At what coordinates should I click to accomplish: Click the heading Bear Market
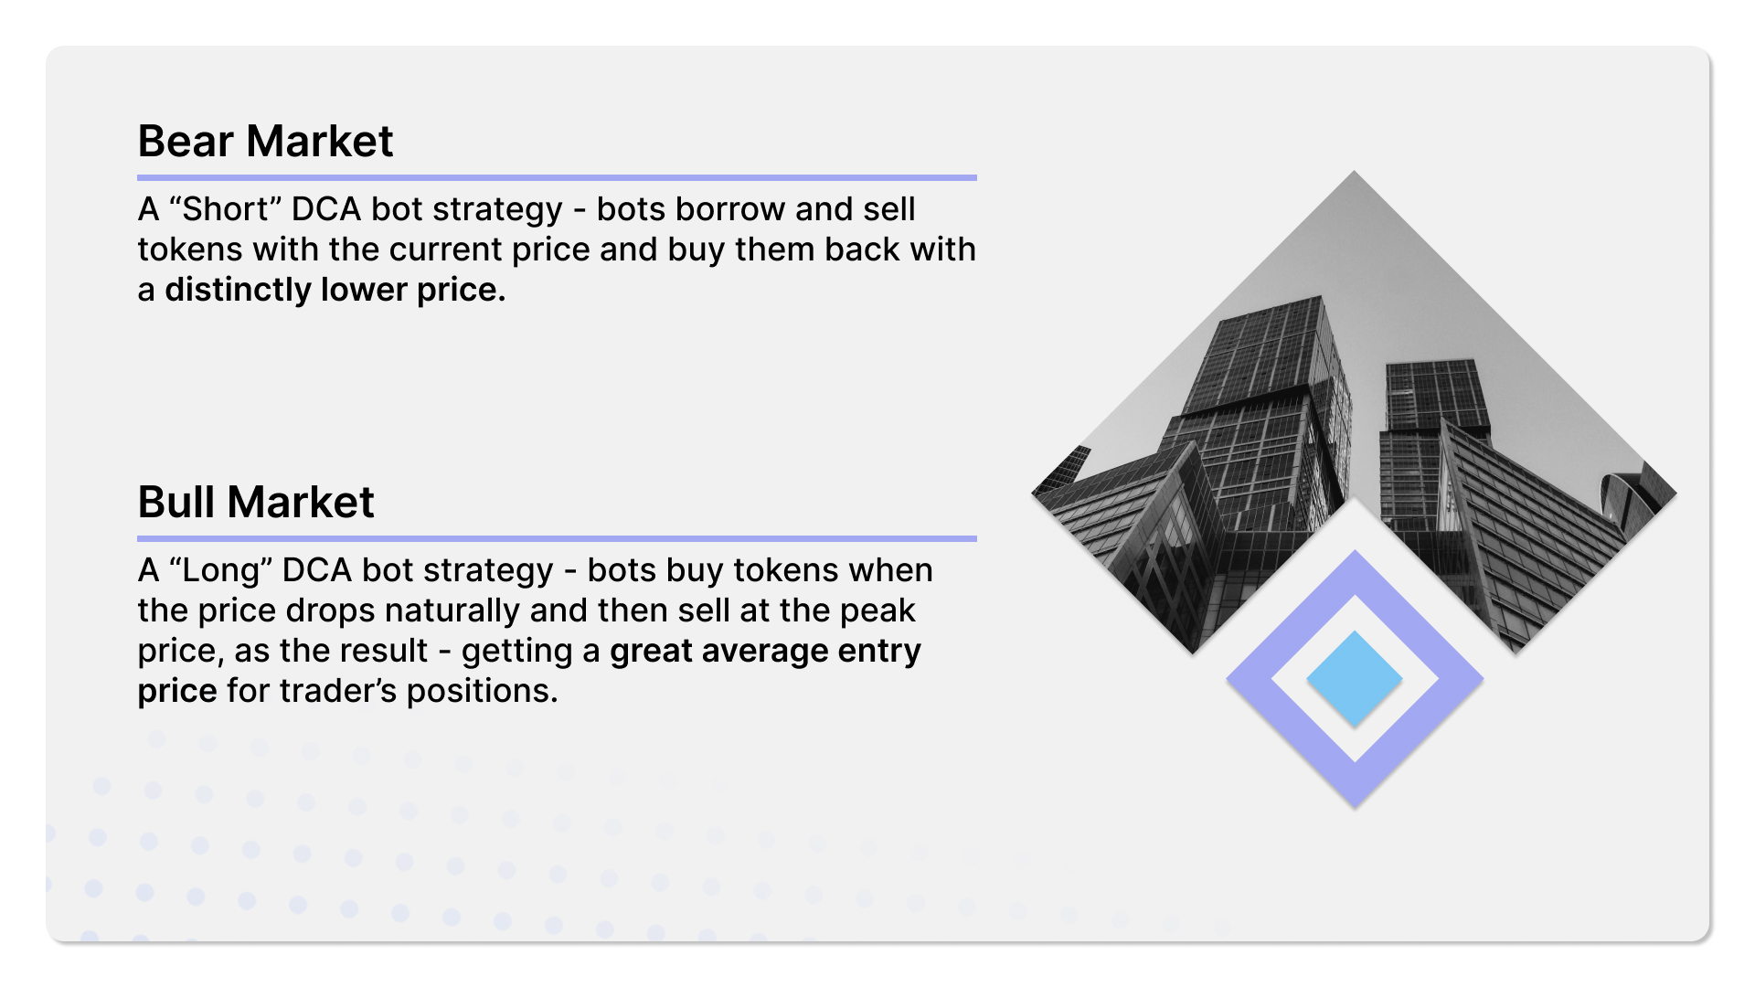coord(265,142)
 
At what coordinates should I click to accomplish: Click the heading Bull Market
coord(256,502)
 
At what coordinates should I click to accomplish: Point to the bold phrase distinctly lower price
coord(335,290)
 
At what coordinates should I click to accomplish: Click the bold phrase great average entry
coord(765,651)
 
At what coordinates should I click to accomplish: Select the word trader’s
coord(338,691)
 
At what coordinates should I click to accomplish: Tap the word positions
coord(482,691)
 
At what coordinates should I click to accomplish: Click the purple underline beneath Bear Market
coord(557,177)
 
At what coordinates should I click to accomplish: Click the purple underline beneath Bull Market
coord(557,538)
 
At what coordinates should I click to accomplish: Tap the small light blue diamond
coord(1355,679)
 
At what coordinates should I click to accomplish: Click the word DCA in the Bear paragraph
coord(326,209)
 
